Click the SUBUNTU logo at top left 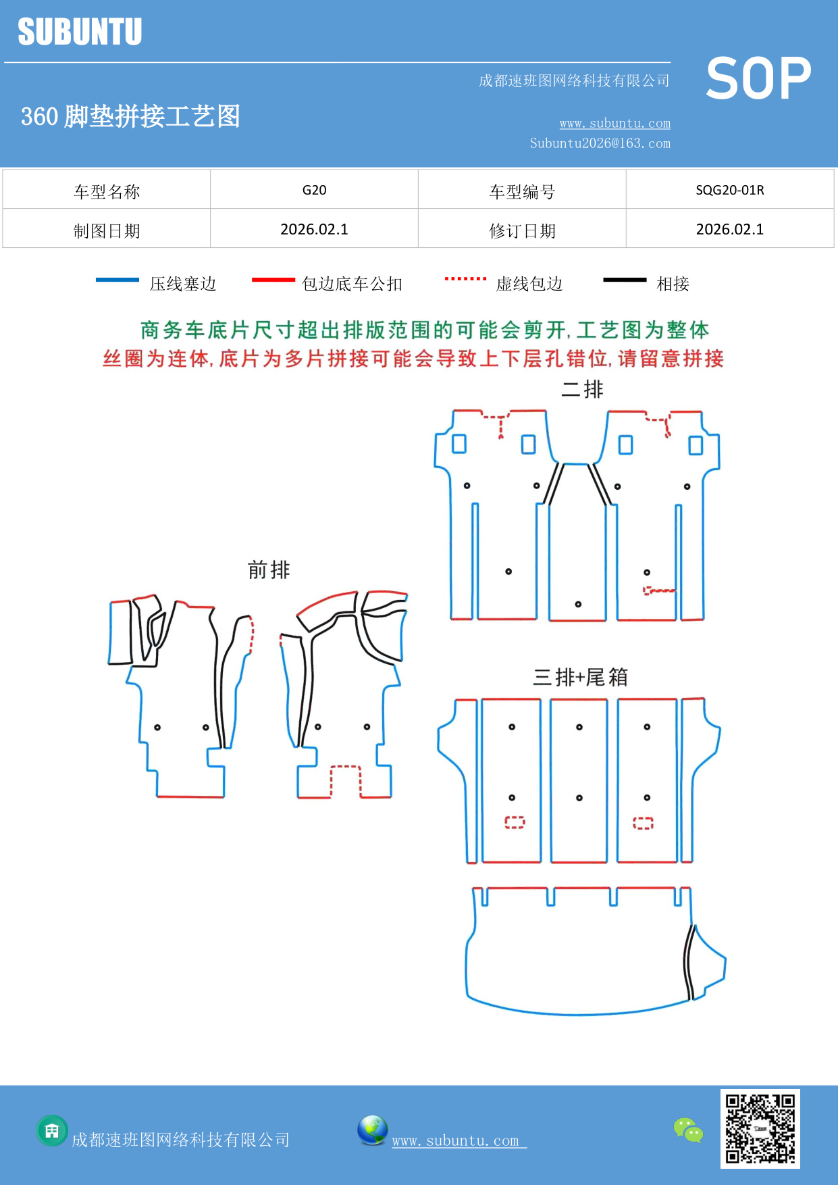(80, 32)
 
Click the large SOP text (758, 79)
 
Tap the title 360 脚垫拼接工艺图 (131, 116)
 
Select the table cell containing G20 (314, 190)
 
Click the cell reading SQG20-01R (729, 190)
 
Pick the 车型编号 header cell (522, 191)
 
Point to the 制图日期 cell (107, 230)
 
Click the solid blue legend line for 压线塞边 (117, 280)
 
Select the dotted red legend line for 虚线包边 (465, 278)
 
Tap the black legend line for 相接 (625, 280)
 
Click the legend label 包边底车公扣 (352, 284)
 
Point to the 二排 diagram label (582, 389)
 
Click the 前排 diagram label (269, 570)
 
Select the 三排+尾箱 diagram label (580, 676)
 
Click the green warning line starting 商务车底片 (424, 330)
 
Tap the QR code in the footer (760, 1129)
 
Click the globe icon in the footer (372, 1130)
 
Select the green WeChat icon (688, 1130)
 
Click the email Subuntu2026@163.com (600, 143)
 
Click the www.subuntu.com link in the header (614, 123)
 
